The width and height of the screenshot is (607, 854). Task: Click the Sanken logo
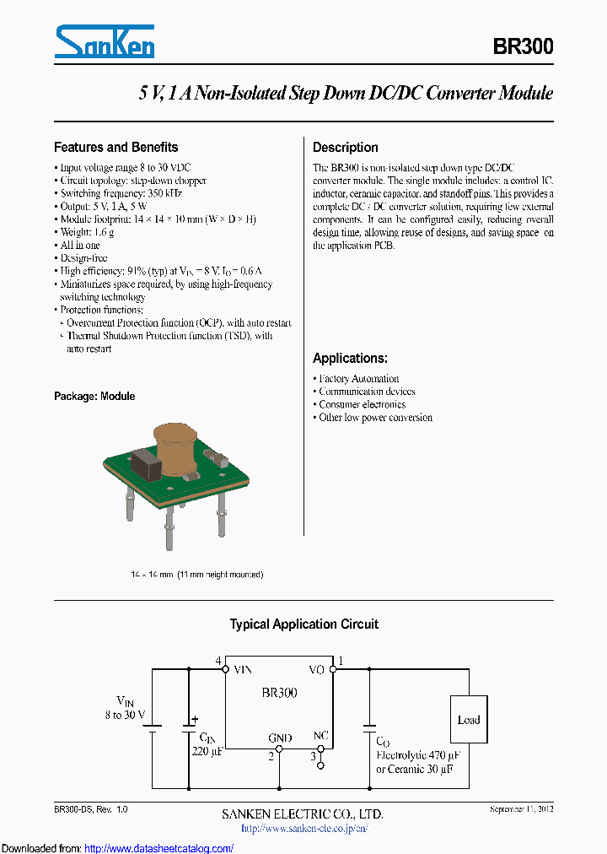click(x=105, y=42)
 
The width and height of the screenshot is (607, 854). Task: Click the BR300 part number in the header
click(x=523, y=47)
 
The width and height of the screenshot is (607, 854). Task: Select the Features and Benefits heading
click(x=115, y=147)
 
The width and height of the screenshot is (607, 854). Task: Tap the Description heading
click(x=345, y=147)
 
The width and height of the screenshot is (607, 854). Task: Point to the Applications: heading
click(x=350, y=358)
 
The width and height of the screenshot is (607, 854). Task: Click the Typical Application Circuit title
click(x=303, y=624)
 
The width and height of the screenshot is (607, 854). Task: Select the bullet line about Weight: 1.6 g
click(x=87, y=232)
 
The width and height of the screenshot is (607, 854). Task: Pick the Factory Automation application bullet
click(x=358, y=379)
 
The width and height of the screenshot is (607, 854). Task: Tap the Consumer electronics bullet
click(x=362, y=404)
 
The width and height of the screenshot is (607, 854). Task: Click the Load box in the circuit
click(x=468, y=720)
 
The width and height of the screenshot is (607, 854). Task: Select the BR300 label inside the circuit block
click(x=278, y=693)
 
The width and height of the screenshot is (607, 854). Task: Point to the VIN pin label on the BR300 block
click(x=243, y=670)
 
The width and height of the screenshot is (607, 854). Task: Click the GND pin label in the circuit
click(x=280, y=738)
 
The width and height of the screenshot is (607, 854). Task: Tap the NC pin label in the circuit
click(x=320, y=736)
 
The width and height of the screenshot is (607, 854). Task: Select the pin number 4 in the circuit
click(x=218, y=660)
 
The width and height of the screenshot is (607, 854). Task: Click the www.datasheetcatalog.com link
click(x=158, y=847)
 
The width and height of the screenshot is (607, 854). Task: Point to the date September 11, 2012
click(x=521, y=809)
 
